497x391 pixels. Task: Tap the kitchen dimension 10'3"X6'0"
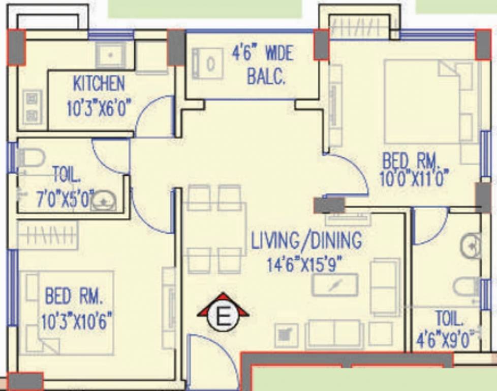point(99,108)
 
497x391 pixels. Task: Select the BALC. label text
point(266,77)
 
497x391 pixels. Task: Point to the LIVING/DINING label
point(306,240)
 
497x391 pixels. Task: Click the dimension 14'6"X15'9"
point(305,265)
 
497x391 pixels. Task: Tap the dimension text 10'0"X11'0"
point(415,178)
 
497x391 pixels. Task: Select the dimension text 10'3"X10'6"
point(77,321)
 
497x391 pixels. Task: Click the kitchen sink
point(111,55)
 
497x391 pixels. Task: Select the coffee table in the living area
point(335,285)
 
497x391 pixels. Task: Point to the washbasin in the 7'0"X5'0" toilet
point(104,201)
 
